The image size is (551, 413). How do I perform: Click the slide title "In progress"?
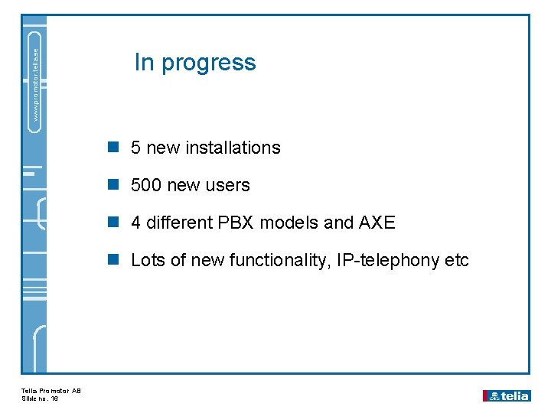[x=195, y=62]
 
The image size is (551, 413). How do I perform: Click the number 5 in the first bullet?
[x=135, y=148]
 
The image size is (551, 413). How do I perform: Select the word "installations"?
[x=233, y=148]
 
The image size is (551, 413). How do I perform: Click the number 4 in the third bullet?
[x=135, y=223]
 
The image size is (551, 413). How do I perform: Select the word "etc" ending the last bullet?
[x=457, y=260]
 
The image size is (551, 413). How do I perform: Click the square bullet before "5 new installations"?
[x=114, y=148]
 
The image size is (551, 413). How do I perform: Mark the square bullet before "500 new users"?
[x=114, y=185]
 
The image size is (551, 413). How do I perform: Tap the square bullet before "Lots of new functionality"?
[x=114, y=260]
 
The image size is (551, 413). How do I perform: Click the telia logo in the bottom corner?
[x=506, y=395]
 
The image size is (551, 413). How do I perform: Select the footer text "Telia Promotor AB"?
[x=51, y=391]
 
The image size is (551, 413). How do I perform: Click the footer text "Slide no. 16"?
[x=40, y=398]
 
